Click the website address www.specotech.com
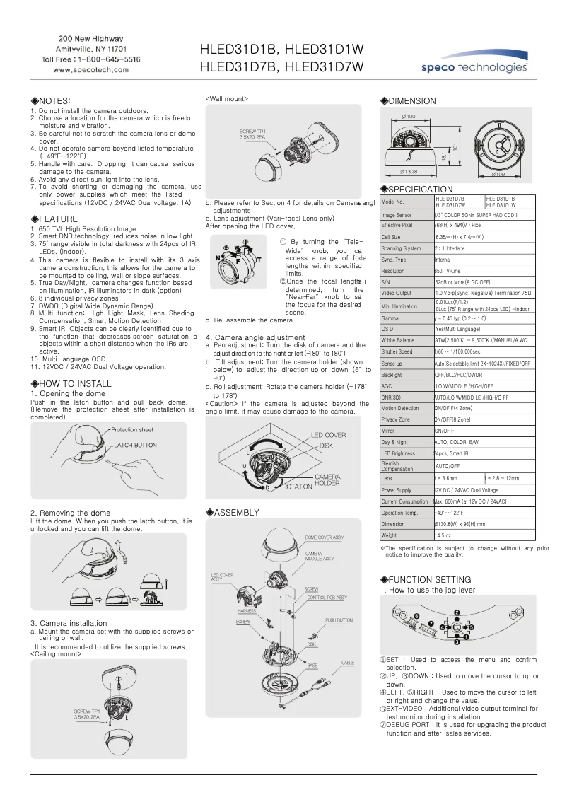[x=91, y=70]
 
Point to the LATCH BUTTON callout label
[x=136, y=446]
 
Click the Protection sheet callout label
[x=131, y=430]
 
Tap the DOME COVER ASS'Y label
[x=325, y=537]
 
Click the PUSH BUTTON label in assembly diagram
[x=339, y=620]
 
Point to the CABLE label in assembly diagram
[x=348, y=663]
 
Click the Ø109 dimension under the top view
[x=499, y=175]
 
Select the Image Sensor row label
[x=397, y=215]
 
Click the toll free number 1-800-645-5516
[x=91, y=59]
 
